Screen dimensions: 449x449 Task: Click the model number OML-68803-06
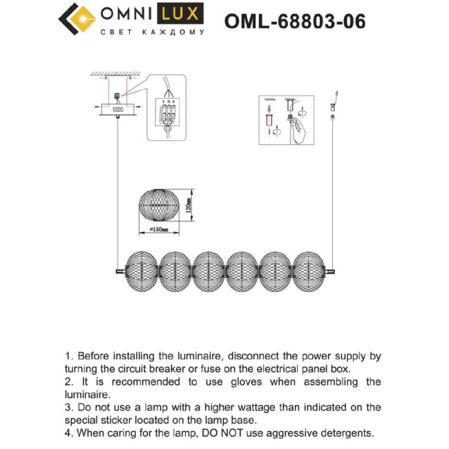[295, 22]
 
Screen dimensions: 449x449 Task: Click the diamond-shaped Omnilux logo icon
[76, 20]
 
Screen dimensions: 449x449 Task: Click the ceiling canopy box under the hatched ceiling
[117, 109]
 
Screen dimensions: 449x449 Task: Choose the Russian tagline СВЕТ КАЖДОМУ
[152, 32]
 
